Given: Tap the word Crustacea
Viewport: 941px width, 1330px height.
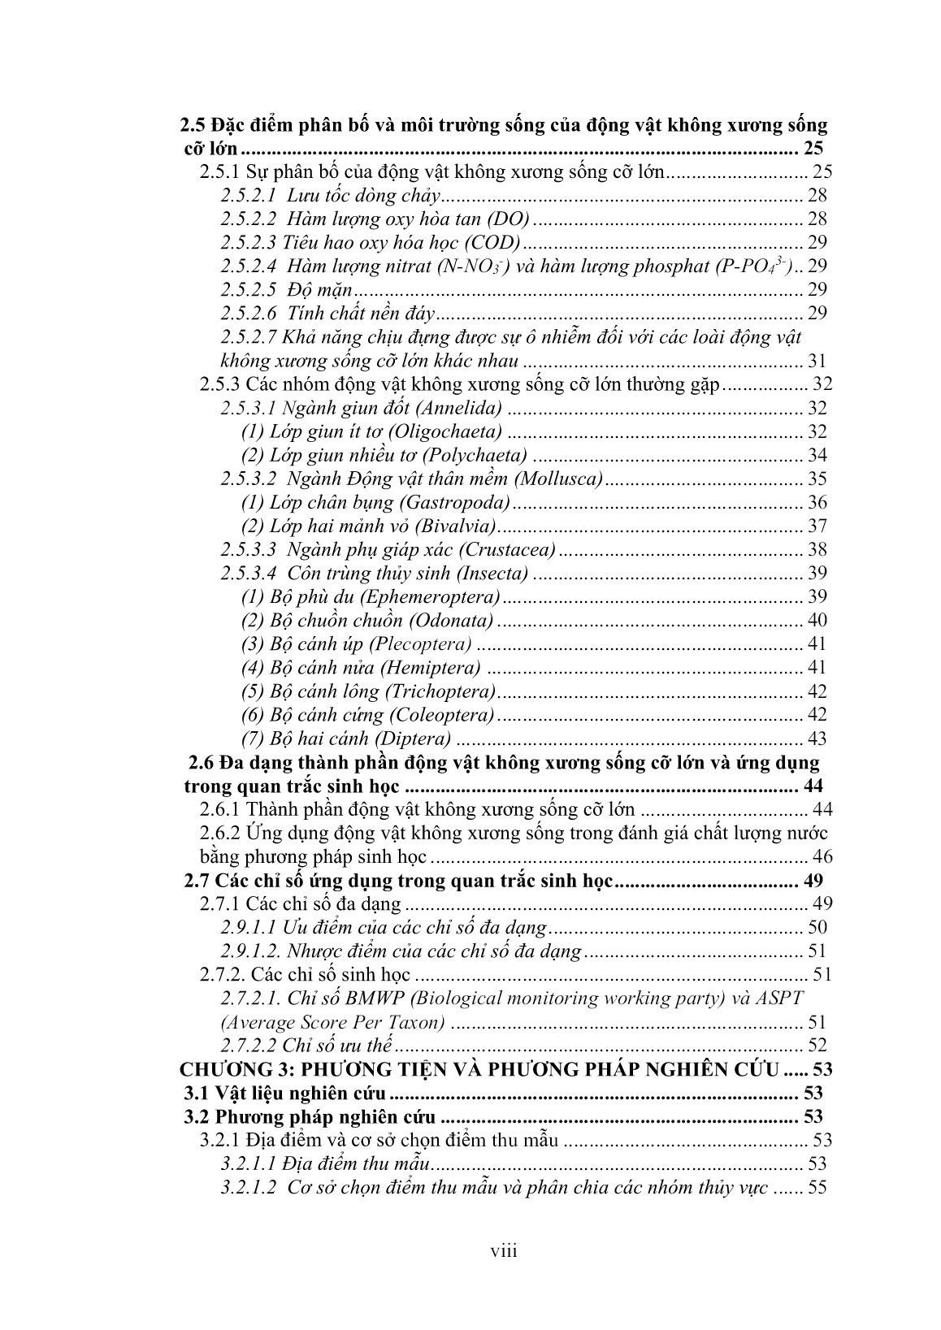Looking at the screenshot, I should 516,549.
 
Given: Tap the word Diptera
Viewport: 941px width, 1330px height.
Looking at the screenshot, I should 418,739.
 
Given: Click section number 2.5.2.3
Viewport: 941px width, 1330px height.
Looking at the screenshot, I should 249,242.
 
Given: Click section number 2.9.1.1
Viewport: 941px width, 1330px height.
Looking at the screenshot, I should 249,927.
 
